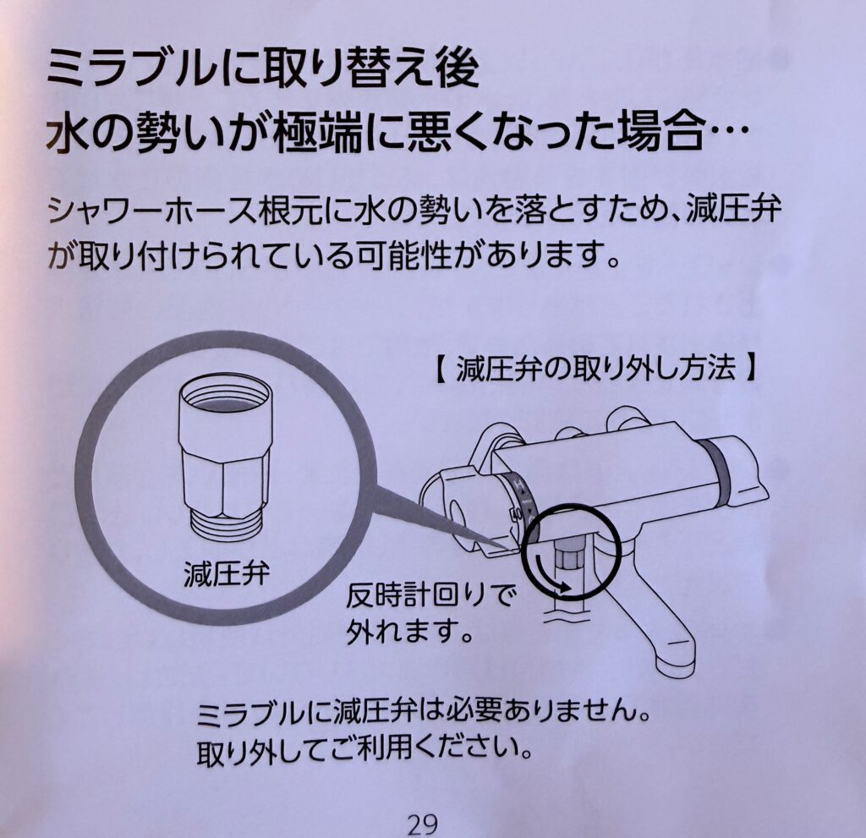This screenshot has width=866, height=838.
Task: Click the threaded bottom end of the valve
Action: tap(226, 525)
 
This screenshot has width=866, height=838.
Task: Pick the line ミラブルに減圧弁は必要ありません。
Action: tap(423, 716)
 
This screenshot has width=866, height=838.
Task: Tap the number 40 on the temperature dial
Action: tap(516, 514)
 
